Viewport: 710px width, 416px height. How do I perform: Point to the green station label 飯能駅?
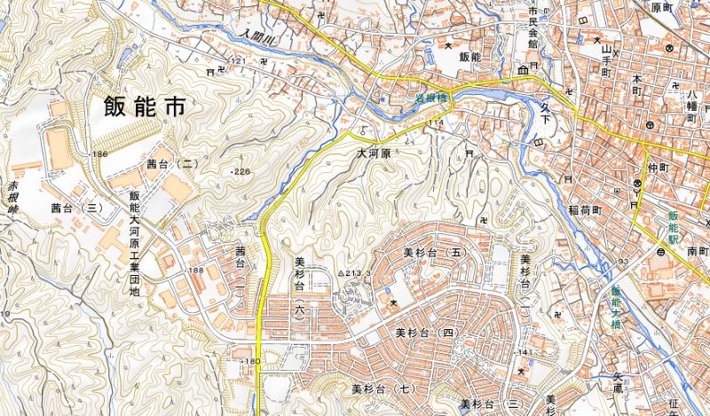(x=672, y=227)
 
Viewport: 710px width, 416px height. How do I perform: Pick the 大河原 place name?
(x=373, y=153)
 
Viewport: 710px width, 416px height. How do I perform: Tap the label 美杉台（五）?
(x=434, y=252)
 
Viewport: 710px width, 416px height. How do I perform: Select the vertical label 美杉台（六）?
(x=299, y=288)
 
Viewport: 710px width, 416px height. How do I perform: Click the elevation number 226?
(x=241, y=170)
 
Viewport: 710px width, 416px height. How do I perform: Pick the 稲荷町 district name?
(x=586, y=211)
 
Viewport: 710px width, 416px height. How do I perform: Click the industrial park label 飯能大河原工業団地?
(x=135, y=244)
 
